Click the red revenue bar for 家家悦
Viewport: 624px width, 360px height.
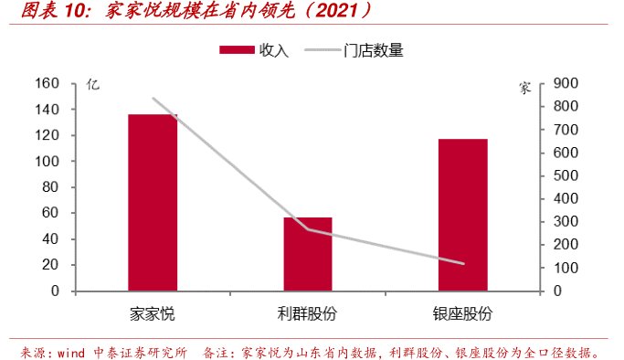(153, 202)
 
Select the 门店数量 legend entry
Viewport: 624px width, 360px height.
(373, 51)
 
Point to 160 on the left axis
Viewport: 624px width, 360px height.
(47, 84)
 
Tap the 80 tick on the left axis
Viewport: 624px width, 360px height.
(50, 187)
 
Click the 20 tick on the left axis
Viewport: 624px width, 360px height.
(50, 265)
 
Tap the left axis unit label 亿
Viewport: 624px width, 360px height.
(90, 85)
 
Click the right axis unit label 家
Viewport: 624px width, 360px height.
(524, 89)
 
